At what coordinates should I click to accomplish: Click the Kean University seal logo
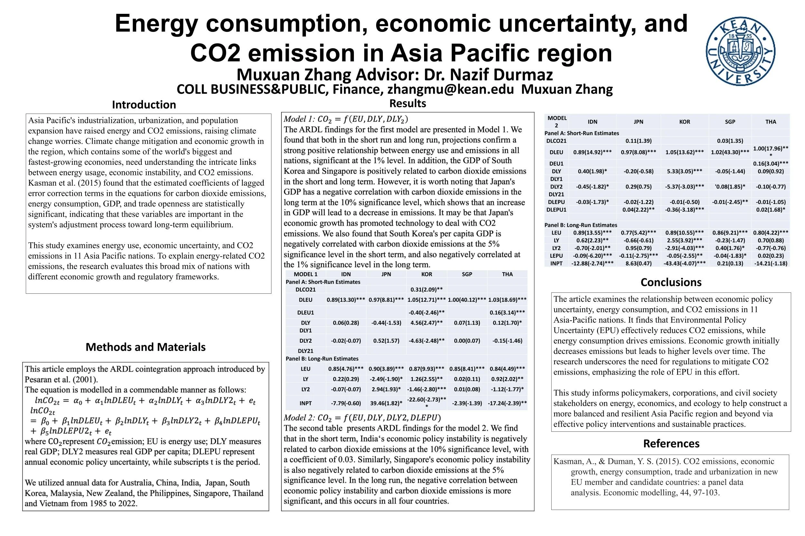tap(740, 52)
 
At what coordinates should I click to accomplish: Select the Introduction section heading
tap(144, 105)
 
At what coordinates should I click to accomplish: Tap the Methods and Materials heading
tap(146, 347)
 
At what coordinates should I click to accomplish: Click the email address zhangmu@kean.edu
tap(450, 89)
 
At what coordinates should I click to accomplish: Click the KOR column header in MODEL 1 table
tap(426, 274)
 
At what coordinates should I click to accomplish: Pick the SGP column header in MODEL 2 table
tap(730, 122)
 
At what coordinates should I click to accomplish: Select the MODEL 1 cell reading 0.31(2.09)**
tap(426, 290)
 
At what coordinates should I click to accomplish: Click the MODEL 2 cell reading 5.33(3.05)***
tap(684, 171)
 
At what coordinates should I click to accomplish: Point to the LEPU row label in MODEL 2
tap(556, 256)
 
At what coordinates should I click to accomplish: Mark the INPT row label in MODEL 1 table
tap(306, 403)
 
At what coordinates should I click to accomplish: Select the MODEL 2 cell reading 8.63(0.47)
tap(639, 263)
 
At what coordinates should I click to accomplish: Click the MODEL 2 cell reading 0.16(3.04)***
tap(771, 164)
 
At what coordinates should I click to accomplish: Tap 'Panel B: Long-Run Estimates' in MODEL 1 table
tap(322, 359)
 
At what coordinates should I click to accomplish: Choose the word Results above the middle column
tap(407, 103)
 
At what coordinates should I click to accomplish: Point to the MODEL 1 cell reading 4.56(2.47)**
tap(426, 323)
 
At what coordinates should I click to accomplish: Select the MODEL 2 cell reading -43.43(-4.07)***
tap(684, 263)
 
